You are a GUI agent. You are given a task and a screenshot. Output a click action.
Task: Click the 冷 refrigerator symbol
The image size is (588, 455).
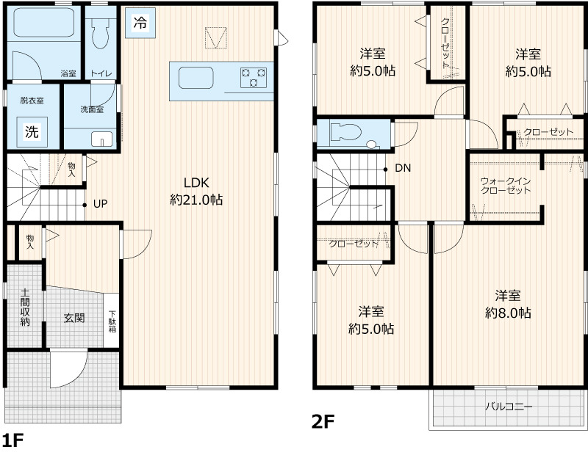click(140, 23)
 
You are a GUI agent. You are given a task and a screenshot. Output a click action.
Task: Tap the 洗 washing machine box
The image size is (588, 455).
click(32, 132)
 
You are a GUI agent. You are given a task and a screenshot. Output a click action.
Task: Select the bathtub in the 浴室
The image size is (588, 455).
click(44, 23)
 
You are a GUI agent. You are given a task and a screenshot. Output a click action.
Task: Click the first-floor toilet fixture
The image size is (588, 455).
click(101, 33)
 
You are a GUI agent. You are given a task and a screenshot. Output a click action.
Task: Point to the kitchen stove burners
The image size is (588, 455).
click(254, 78)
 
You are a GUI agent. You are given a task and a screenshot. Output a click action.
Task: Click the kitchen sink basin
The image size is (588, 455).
click(196, 78)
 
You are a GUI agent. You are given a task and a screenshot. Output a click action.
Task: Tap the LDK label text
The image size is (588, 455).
click(196, 183)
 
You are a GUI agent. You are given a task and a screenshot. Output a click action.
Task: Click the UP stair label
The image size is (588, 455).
click(100, 204)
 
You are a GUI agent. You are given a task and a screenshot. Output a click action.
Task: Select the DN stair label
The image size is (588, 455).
click(403, 168)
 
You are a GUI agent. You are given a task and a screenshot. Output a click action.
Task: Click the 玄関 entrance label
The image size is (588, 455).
click(74, 318)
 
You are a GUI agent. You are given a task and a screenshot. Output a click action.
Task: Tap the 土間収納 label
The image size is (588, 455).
click(25, 307)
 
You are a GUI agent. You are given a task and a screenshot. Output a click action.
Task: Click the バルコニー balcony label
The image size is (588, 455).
click(509, 407)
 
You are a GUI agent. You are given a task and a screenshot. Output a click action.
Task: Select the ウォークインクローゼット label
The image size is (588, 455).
click(506, 186)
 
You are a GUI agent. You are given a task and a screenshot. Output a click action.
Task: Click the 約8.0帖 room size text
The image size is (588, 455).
click(508, 313)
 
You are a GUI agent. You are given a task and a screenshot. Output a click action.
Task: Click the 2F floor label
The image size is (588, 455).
click(323, 422)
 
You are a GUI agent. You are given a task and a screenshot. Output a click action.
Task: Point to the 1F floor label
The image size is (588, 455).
click(13, 440)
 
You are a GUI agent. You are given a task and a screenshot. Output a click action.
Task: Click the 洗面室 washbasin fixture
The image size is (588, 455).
click(102, 139)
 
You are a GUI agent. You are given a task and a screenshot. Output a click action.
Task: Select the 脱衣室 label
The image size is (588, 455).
click(32, 101)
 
